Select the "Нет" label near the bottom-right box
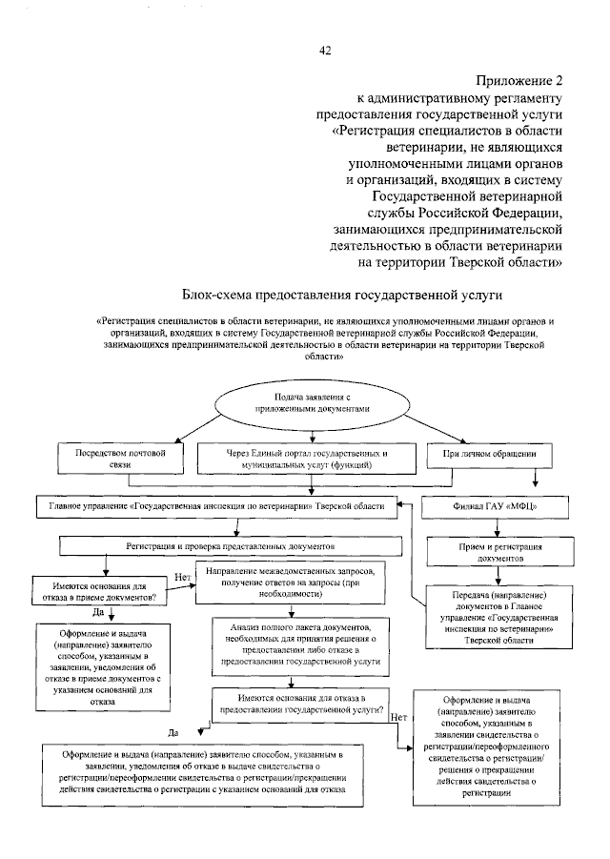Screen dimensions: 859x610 coord(399,717)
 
